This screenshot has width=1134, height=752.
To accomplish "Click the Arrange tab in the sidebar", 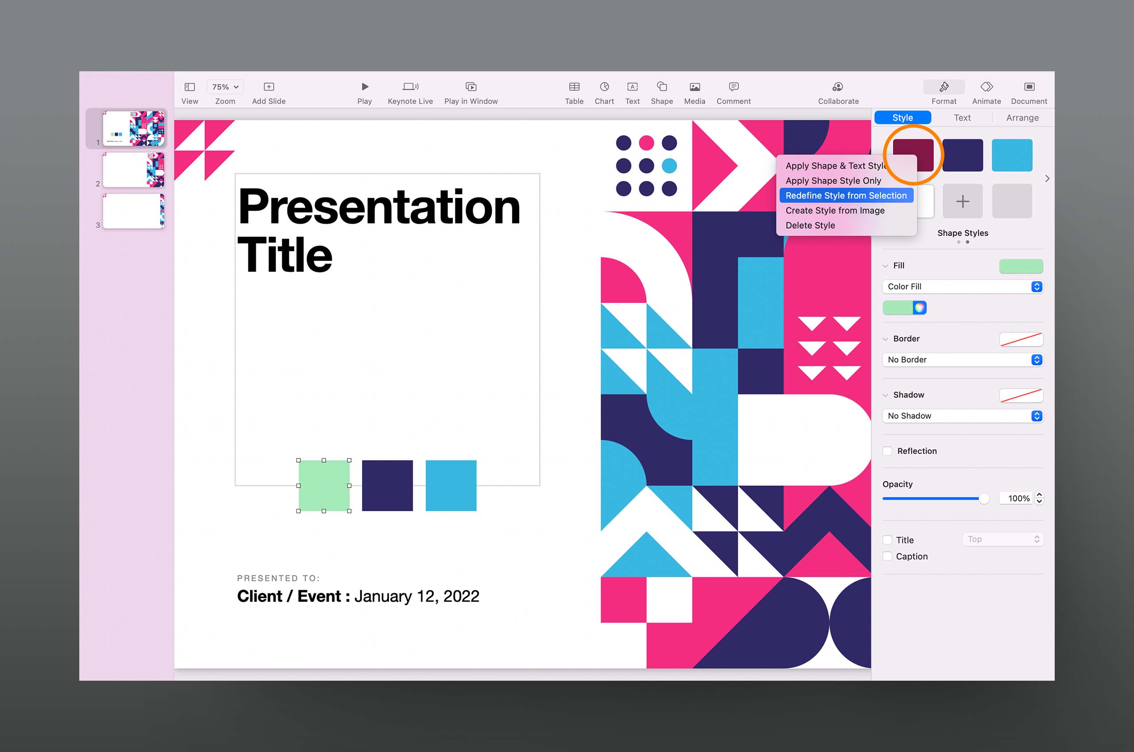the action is click(1022, 118).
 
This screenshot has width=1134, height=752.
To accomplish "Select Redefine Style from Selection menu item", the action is click(846, 196).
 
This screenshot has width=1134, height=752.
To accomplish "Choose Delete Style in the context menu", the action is click(810, 225).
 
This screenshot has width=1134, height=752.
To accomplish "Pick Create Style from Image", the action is click(835, 210).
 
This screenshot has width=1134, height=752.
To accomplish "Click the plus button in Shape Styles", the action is click(963, 202).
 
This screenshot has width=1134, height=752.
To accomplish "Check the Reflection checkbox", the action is click(887, 451).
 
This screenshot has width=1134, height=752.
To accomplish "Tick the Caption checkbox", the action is click(887, 556).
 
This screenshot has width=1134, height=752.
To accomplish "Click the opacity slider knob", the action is click(984, 499).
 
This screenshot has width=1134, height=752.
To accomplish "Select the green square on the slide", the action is click(324, 486).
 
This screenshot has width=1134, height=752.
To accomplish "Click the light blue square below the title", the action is click(451, 486).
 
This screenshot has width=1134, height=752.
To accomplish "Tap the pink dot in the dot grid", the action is click(647, 143).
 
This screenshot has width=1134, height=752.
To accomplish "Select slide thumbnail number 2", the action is click(133, 170).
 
